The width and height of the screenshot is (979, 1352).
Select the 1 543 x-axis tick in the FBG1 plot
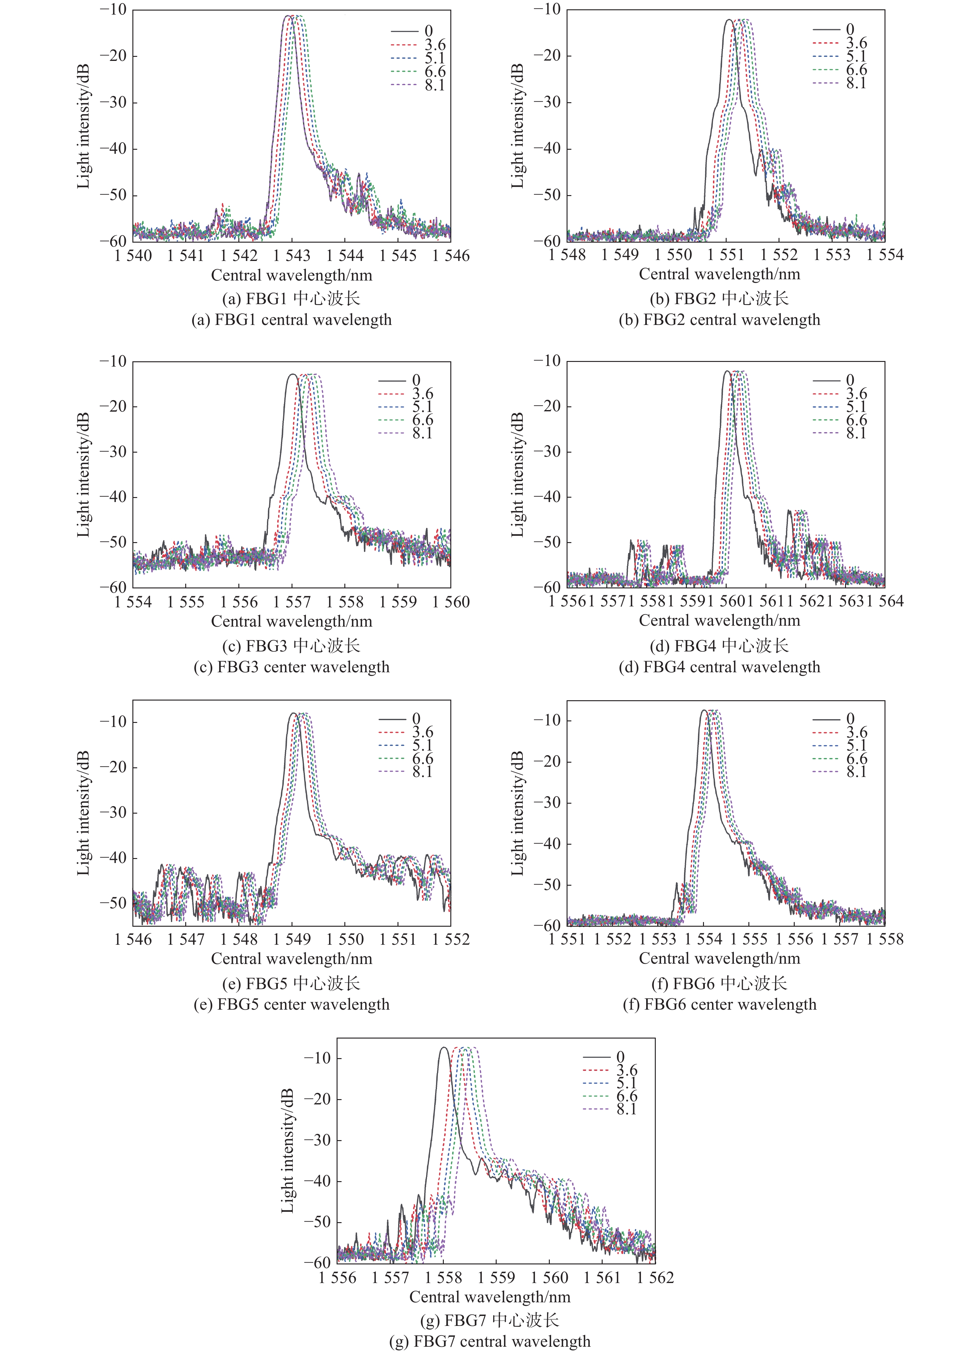(x=292, y=256)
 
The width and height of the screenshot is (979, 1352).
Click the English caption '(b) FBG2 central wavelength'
(x=719, y=320)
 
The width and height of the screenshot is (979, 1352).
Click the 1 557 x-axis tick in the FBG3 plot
(x=292, y=602)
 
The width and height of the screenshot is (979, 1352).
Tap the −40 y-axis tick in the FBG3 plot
(x=113, y=497)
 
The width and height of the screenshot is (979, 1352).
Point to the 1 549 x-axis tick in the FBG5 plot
(x=292, y=940)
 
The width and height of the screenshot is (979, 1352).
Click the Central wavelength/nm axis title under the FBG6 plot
(x=719, y=959)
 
